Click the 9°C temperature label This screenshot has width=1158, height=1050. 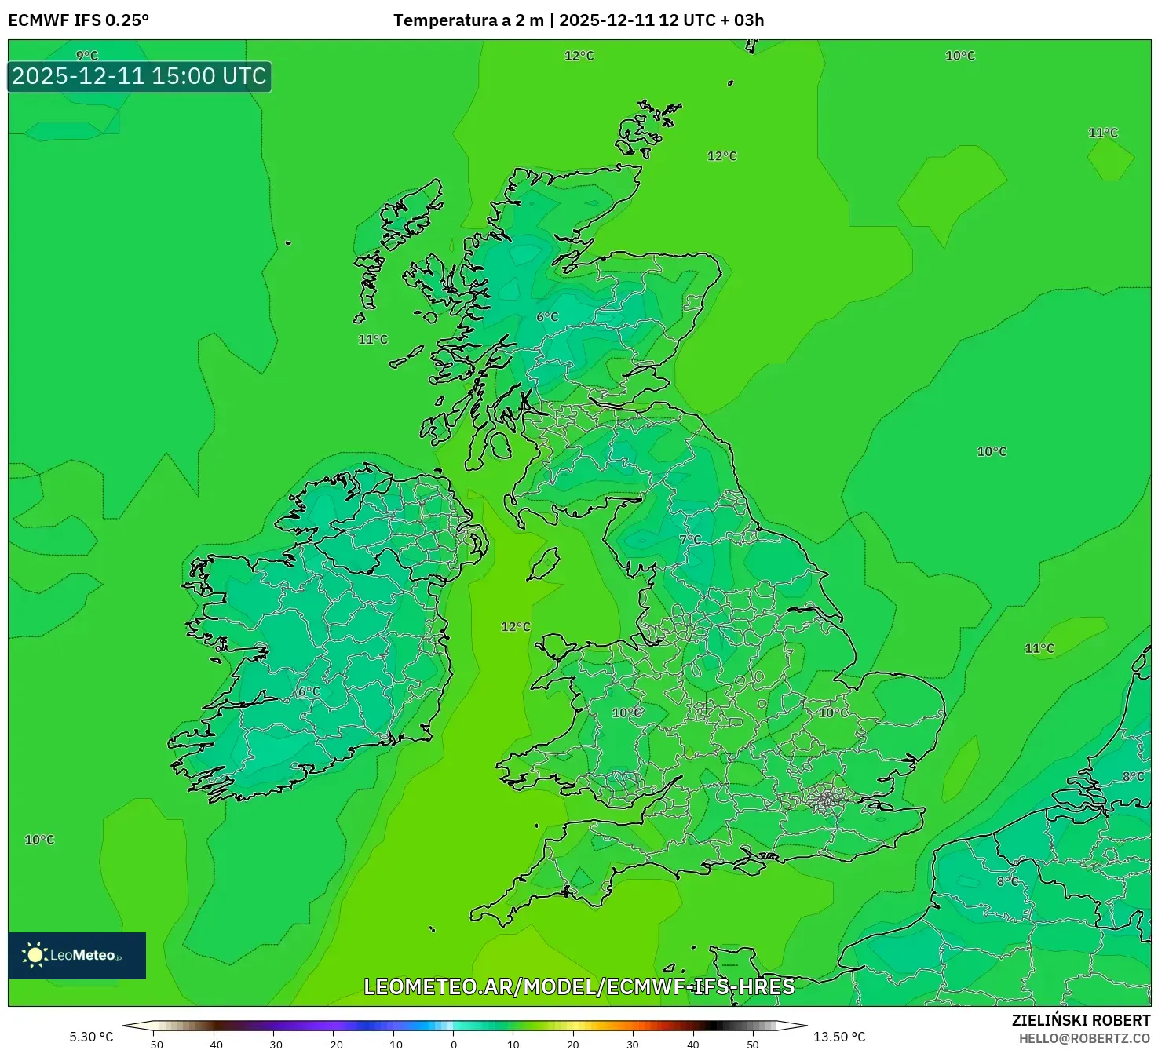[x=87, y=56]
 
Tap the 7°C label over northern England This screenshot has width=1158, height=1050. [x=690, y=540]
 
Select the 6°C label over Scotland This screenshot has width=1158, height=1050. [x=547, y=317]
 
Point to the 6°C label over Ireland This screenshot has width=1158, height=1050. [x=309, y=691]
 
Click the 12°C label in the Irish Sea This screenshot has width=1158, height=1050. [x=515, y=627]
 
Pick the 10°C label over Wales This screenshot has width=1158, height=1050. [x=626, y=713]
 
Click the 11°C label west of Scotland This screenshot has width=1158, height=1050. [x=373, y=340]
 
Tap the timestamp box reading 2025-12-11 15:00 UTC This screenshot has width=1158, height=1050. [x=140, y=77]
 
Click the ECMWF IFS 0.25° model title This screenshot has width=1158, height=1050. [x=79, y=20]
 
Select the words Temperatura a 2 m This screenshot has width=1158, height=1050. [x=468, y=20]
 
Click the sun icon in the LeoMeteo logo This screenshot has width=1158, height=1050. [x=34, y=955]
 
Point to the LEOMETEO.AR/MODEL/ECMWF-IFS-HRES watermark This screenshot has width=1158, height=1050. [x=579, y=987]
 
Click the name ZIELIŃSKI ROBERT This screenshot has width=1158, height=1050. [x=1080, y=1020]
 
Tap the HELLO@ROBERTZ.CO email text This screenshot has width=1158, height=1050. [x=1084, y=1038]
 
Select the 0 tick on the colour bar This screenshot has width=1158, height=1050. [x=454, y=1044]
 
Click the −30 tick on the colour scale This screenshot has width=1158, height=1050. [x=272, y=1044]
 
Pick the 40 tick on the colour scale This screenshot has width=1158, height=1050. [x=692, y=1044]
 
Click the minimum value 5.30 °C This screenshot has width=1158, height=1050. [x=91, y=1037]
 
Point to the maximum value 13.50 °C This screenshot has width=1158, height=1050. [x=839, y=1037]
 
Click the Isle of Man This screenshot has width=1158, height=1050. [x=544, y=563]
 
